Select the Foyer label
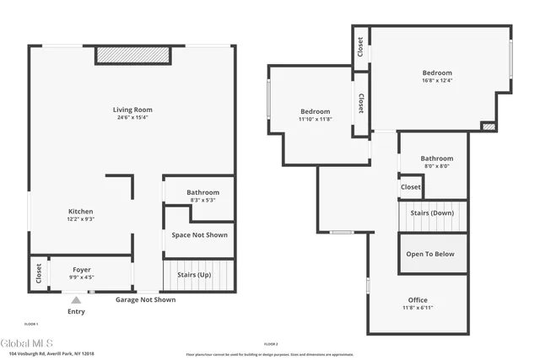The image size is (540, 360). tap(82, 270)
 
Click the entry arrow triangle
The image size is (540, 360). tap(77, 298)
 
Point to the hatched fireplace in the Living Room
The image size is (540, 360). tap(133, 54)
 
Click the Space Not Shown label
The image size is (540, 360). tap(200, 235)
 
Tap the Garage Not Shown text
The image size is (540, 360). tap(145, 299)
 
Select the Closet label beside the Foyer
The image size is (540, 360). tap(39, 273)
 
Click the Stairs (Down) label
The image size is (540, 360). tap(432, 213)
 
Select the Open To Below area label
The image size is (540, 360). tap(430, 254)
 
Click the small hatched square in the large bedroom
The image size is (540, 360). tap(488, 126)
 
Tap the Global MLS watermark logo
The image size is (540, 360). tap(28, 342)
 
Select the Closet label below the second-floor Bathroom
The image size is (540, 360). tap(411, 186)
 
